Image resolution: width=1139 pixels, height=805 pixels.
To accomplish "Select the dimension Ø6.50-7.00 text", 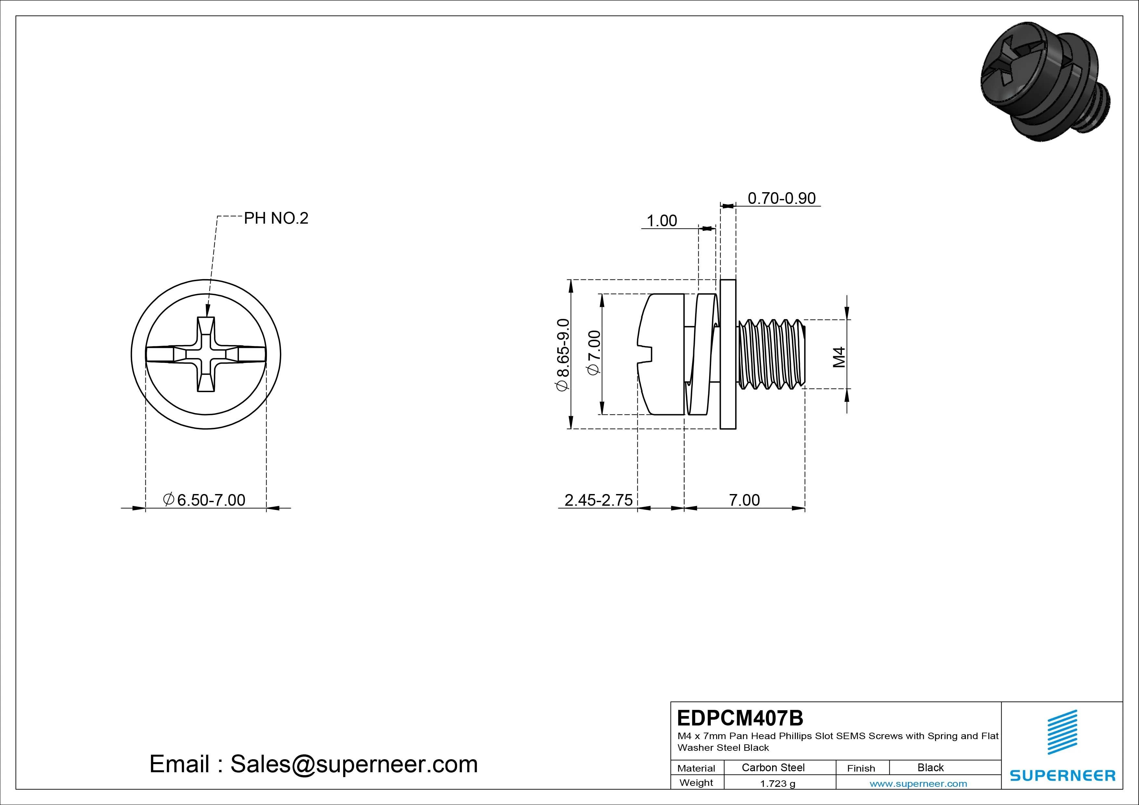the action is coord(204,500).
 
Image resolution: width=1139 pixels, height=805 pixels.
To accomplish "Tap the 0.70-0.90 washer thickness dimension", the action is coord(781,198).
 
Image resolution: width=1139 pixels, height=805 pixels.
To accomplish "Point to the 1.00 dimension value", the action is coord(662,221).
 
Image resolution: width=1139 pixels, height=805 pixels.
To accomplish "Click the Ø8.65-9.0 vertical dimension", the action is coord(563,355).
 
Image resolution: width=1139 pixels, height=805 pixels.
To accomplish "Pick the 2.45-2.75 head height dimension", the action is coord(598,500).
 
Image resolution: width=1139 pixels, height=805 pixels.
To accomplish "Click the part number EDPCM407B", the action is coord(740,718).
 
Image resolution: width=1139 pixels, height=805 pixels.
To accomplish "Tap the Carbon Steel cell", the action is coord(773,767).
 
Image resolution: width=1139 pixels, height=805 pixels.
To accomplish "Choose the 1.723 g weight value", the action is coord(777,784).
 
